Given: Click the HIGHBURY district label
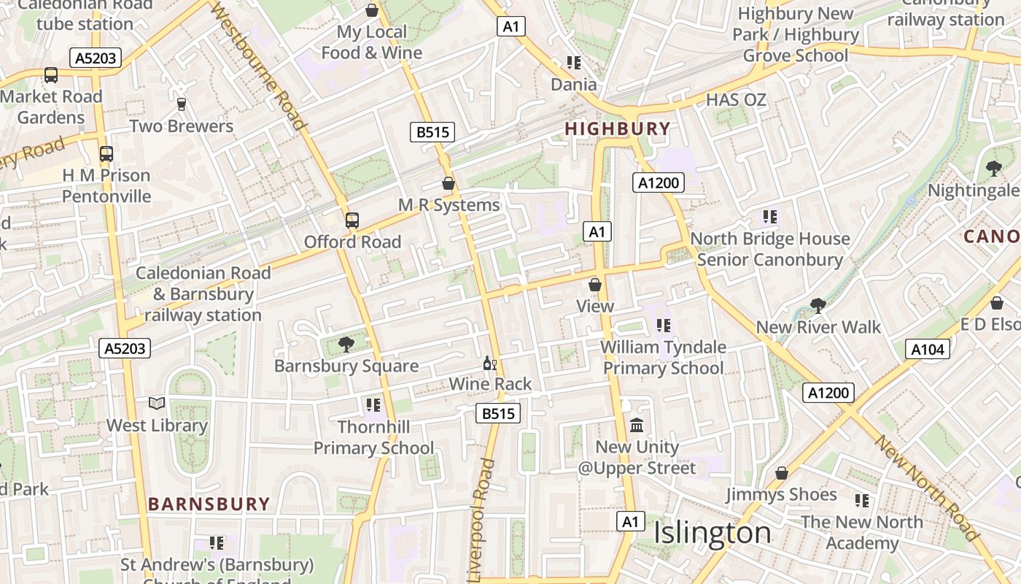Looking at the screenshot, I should click(617, 129).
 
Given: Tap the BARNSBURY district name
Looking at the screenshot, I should click(209, 504).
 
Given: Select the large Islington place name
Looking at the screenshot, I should click(712, 533).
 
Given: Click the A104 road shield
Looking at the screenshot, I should click(928, 350).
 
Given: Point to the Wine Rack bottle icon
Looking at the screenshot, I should click(489, 363).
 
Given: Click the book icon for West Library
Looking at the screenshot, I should click(157, 403).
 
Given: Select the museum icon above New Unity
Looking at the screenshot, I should click(637, 425).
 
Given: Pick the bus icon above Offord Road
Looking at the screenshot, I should click(352, 220).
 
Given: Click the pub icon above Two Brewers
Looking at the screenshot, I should click(182, 104).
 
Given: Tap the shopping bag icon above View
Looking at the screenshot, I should click(595, 285).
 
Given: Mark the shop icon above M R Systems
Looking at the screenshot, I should click(449, 183).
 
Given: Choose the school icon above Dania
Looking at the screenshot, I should click(573, 63).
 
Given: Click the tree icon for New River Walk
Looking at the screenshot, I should click(818, 304).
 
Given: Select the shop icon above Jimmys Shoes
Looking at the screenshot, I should click(781, 473).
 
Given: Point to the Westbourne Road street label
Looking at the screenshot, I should click(259, 66).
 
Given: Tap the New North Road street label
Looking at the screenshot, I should click(926, 488).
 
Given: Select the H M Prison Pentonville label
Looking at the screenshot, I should click(106, 186).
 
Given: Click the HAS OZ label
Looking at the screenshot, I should click(737, 100).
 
